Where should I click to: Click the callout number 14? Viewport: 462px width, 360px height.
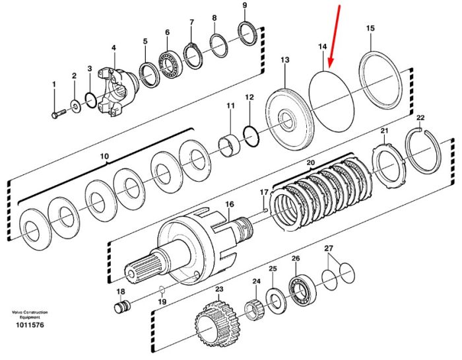pos(323,47)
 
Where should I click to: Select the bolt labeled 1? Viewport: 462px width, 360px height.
pos(59,114)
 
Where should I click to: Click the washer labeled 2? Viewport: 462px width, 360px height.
pos(75,106)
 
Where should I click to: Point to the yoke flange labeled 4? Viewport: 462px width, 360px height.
pos(115,91)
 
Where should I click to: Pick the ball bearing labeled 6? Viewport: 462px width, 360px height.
pos(170,63)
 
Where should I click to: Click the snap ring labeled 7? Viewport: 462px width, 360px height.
pos(193,56)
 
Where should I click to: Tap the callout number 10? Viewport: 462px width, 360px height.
pos(105,156)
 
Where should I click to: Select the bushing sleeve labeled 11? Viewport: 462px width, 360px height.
pos(229,145)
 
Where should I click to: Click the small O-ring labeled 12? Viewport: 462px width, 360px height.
pos(251,136)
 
